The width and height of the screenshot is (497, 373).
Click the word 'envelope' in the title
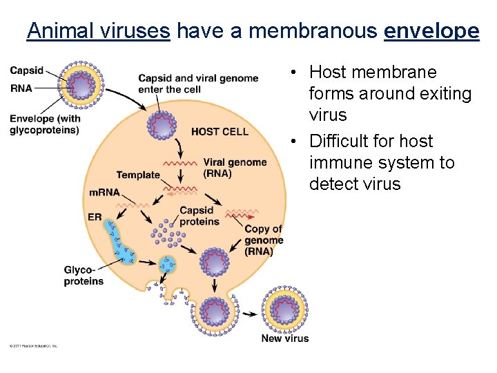(431, 31)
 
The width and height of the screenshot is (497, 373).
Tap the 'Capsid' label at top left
(27, 70)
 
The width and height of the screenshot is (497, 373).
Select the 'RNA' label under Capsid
(21, 88)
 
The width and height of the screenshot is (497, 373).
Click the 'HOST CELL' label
(220, 131)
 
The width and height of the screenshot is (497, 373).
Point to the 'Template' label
(138, 175)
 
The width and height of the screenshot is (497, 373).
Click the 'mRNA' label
(104, 192)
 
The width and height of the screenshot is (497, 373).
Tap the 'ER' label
(95, 217)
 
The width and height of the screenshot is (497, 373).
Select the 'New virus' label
(285, 338)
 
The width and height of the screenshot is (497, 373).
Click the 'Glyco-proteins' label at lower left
(84, 276)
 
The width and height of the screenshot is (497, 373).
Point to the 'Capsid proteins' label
(199, 216)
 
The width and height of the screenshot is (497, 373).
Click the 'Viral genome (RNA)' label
(235, 168)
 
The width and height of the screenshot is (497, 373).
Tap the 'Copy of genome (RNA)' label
(264, 240)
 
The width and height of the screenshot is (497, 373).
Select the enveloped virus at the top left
(82, 88)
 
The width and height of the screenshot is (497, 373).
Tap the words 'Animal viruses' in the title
(98, 31)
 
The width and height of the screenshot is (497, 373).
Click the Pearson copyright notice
(33, 345)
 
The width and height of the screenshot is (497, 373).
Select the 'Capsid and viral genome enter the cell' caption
(198, 84)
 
